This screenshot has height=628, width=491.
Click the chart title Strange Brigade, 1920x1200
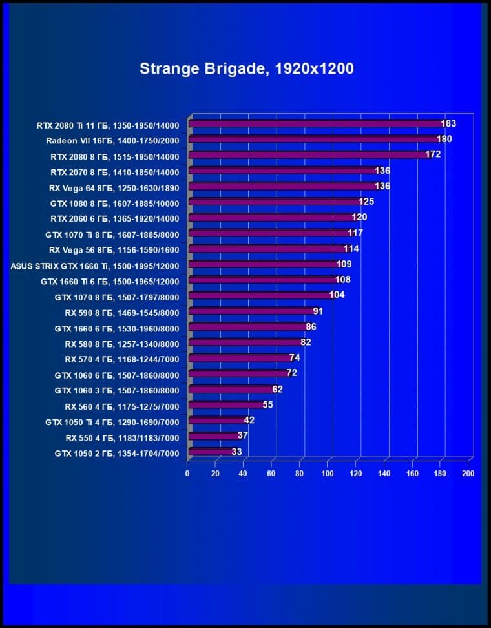(246, 69)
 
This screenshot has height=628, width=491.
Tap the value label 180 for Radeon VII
(444, 140)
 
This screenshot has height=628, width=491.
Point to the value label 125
(366, 202)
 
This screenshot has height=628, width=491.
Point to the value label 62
(277, 390)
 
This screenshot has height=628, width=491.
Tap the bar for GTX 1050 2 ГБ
(210, 453)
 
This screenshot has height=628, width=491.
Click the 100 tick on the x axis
(328, 474)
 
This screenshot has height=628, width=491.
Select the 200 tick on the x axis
(468, 474)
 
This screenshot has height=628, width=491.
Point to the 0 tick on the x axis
(187, 474)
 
